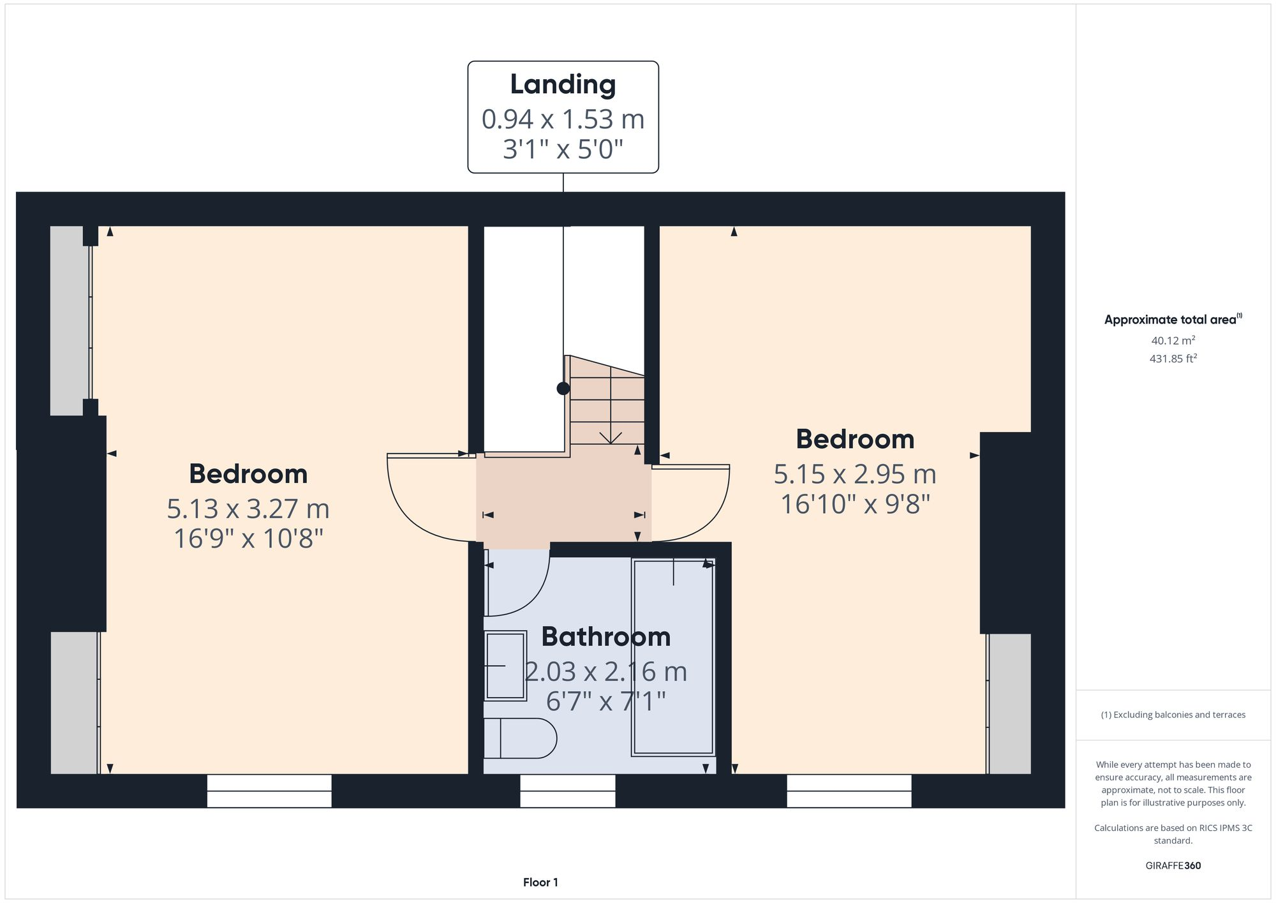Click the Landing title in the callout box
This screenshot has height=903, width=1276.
[x=563, y=85]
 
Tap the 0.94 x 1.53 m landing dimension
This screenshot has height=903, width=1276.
[x=563, y=119]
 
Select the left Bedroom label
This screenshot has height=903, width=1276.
[x=248, y=474]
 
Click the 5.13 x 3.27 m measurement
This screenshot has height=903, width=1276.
[x=248, y=509]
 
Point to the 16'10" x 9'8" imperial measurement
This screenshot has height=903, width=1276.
[x=855, y=504]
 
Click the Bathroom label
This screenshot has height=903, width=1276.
[x=605, y=637]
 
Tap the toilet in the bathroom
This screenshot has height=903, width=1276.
[x=520, y=738]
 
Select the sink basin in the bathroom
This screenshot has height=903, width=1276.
[x=505, y=666]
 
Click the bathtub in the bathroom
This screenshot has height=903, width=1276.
[x=673, y=657]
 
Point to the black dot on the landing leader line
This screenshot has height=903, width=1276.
[x=563, y=388]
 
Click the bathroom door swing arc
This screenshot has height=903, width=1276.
[x=530, y=593]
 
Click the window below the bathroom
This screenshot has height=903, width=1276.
[x=568, y=791]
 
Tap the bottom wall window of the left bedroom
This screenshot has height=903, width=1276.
[x=269, y=791]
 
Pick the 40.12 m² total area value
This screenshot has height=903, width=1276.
[x=1173, y=340]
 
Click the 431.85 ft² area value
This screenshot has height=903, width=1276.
[x=1173, y=359]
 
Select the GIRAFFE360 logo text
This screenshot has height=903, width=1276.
[x=1173, y=865]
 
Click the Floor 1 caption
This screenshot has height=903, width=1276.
[x=540, y=882]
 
